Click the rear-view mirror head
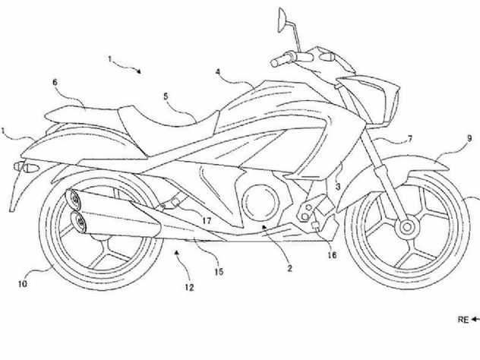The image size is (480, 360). tap(282, 20)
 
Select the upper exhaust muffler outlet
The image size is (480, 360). tap(74, 199)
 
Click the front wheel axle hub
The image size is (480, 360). tap(407, 227)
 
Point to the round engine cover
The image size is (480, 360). tap(261, 202)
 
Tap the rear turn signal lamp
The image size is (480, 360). tap(27, 167)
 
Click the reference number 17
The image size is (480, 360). tap(207, 220)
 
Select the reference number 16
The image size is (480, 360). tap(332, 254)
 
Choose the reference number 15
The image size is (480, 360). tap(219, 272)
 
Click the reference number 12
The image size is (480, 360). tap(189, 287)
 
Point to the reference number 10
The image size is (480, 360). tap(23, 284)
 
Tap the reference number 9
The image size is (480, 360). tap(469, 139)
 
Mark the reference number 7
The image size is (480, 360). tap(410, 139)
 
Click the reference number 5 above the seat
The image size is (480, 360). tap(166, 96)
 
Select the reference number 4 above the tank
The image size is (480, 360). tap(218, 72)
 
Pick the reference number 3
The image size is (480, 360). tap(338, 186)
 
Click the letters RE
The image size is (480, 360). tap(463, 320)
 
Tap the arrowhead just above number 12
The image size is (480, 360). tap(176, 252)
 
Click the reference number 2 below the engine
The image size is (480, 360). tap(289, 268)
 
